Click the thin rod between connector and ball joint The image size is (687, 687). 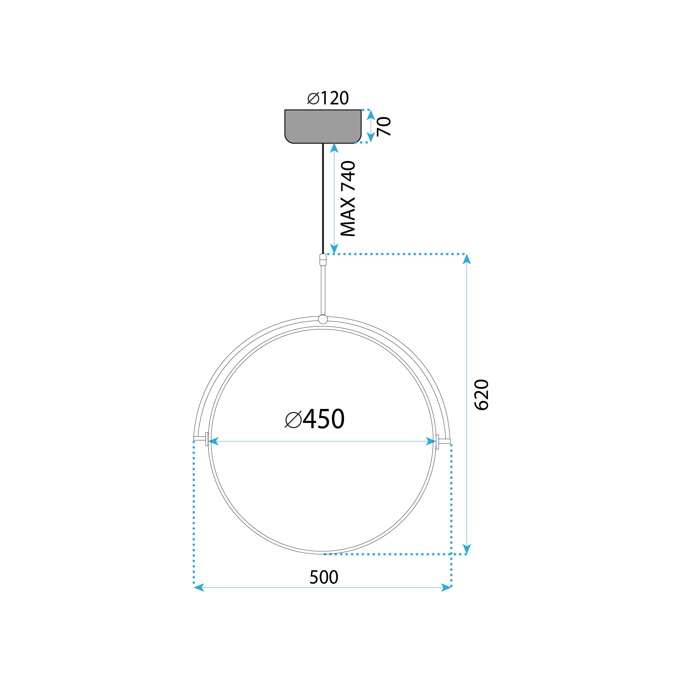323,290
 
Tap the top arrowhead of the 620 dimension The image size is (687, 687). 467,259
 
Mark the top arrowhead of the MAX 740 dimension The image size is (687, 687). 334,148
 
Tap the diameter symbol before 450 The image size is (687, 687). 293,420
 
